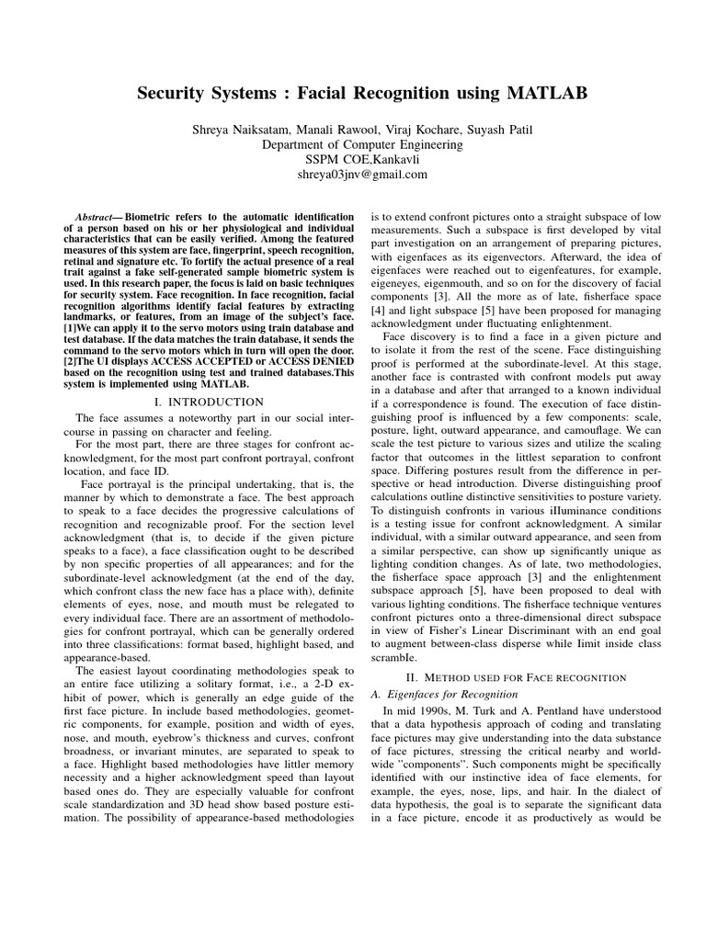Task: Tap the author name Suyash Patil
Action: [484, 130]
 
